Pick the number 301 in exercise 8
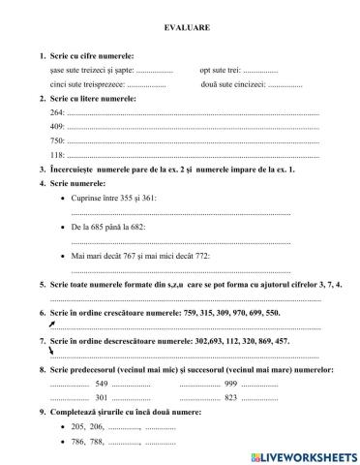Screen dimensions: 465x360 (102, 397)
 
